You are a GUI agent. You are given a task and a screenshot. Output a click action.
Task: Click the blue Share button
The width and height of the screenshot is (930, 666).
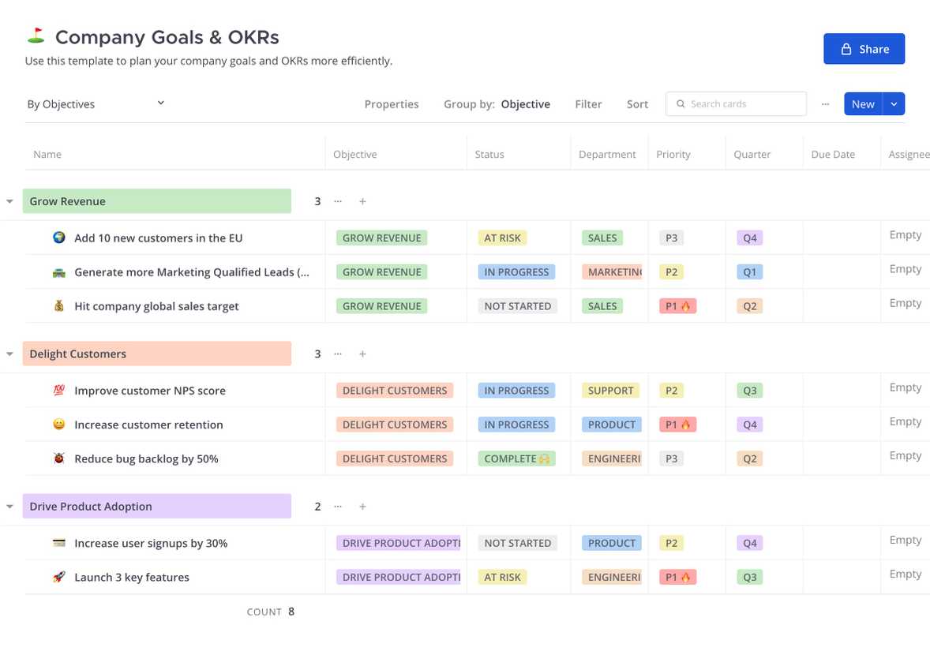864,49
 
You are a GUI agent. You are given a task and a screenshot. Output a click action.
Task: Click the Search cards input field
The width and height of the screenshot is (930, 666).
736,104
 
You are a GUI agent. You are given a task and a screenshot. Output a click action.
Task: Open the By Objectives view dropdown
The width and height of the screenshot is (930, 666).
96,104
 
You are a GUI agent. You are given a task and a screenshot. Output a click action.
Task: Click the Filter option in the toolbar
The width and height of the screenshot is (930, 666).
588,104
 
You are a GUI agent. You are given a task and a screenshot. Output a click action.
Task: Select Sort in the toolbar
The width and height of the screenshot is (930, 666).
637,104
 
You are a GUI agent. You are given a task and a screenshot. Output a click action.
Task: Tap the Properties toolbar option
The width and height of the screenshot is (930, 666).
392,104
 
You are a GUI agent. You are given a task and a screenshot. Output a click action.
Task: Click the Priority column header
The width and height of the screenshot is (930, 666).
673,154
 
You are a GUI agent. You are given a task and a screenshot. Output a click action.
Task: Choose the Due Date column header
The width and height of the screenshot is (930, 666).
833,154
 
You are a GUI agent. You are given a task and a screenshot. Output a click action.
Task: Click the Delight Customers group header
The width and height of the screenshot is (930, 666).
156,354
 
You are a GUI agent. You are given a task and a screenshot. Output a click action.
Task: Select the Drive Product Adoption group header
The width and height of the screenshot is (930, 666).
156,506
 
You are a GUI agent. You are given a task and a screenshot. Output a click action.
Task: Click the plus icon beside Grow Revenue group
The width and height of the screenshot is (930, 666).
362,201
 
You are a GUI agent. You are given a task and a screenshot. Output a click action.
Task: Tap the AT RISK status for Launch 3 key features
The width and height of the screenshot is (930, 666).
502,577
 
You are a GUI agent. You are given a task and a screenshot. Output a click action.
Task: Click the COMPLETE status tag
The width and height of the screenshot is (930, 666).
516,458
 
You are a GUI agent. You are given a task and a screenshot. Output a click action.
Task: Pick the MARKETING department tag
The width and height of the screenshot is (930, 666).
612,271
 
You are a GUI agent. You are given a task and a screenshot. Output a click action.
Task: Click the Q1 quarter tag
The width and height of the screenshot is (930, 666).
750,271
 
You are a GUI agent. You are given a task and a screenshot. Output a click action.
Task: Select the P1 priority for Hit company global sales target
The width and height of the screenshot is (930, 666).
677,306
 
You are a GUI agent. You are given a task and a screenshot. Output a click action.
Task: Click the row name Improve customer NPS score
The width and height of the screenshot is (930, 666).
150,391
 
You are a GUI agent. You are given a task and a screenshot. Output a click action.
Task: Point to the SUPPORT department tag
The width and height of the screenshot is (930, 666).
611,391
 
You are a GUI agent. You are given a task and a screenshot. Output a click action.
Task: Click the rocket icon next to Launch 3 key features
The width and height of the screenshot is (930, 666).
58,577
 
